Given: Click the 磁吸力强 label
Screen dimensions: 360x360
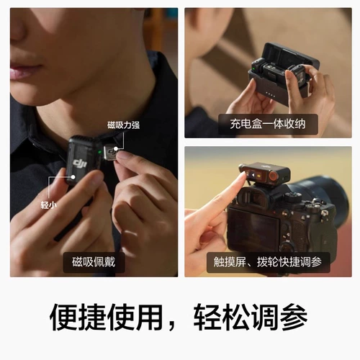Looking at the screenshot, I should tap(123, 125).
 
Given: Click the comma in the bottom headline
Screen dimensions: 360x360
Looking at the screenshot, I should tap(177, 324).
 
